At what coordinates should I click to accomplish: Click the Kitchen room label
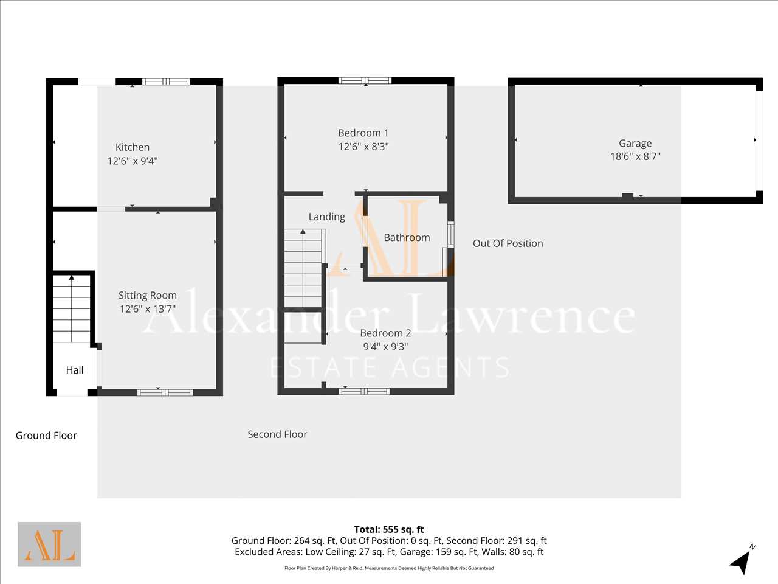coord(133,147)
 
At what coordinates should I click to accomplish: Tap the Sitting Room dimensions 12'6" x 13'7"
coord(148,309)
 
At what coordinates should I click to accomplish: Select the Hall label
coord(74,370)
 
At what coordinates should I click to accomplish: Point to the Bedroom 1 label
coord(363,133)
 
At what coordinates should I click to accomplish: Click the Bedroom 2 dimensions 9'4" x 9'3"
coord(385,346)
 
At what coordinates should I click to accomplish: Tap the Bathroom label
coord(407,237)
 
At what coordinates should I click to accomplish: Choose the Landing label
coord(327,217)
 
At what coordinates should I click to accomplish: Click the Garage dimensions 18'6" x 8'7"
coord(635,156)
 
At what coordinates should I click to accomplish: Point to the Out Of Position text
coord(508,243)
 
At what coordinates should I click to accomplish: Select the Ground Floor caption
coord(46,436)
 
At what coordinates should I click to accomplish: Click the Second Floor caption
coord(277,434)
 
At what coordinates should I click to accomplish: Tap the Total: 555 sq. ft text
coord(389,529)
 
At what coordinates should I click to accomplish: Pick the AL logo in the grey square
coord(49,544)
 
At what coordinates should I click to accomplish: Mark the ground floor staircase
coord(72,308)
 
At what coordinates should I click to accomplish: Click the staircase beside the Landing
coord(304,268)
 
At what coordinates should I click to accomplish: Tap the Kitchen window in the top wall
coord(166,82)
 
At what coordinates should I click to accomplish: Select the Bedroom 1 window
coord(365,80)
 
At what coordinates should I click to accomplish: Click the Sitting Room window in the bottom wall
coord(165,392)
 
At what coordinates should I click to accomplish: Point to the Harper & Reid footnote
coord(389,568)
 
